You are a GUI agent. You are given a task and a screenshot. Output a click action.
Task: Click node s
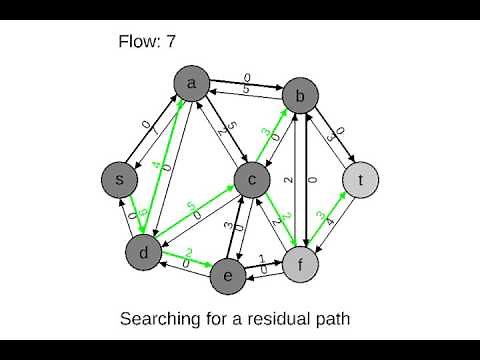pyautogui.click(x=120, y=179)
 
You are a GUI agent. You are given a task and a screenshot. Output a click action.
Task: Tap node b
pyautogui.click(x=299, y=96)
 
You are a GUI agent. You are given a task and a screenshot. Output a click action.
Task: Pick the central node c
pyautogui.click(x=253, y=179)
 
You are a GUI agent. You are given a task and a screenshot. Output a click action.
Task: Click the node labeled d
pyautogui.click(x=144, y=253)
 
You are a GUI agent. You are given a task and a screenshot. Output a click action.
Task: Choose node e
pyautogui.click(x=229, y=276)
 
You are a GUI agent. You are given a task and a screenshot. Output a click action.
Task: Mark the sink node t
pyautogui.click(x=360, y=180)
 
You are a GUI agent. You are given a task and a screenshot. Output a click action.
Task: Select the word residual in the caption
pyautogui.click(x=275, y=320)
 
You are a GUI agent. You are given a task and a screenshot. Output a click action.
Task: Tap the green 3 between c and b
pyautogui.click(x=266, y=131)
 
